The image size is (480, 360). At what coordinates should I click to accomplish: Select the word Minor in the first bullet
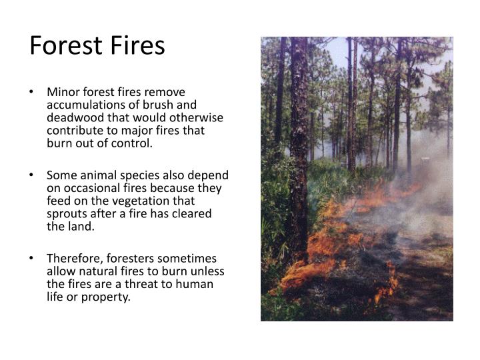coord(63,92)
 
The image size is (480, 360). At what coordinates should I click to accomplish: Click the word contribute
coord(74,131)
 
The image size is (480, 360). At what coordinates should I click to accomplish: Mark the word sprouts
coord(67,214)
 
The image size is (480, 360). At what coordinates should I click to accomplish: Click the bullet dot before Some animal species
coord(33,175)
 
